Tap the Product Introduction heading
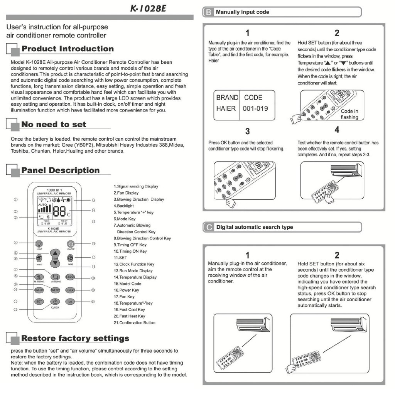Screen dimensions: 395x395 [x=68, y=49]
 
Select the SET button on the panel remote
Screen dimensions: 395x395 [x=39, y=302]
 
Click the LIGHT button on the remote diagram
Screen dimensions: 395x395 [x=39, y=244]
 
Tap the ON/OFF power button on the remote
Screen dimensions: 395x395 [x=70, y=244]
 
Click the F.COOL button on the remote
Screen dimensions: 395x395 [x=70, y=277]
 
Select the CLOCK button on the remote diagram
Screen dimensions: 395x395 [x=55, y=302]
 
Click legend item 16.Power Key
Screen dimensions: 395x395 [x=126, y=290]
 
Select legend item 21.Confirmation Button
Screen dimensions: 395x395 [x=135, y=322]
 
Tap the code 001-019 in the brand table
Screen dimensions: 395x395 [x=255, y=108]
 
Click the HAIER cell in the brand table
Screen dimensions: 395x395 [x=226, y=108]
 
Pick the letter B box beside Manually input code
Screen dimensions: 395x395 [x=208, y=12]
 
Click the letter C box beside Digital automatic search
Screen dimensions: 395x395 [x=208, y=228]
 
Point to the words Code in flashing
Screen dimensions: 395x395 [x=349, y=114]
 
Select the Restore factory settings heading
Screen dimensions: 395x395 [x=75, y=339]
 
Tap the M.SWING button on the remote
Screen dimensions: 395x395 [x=39, y=277]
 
